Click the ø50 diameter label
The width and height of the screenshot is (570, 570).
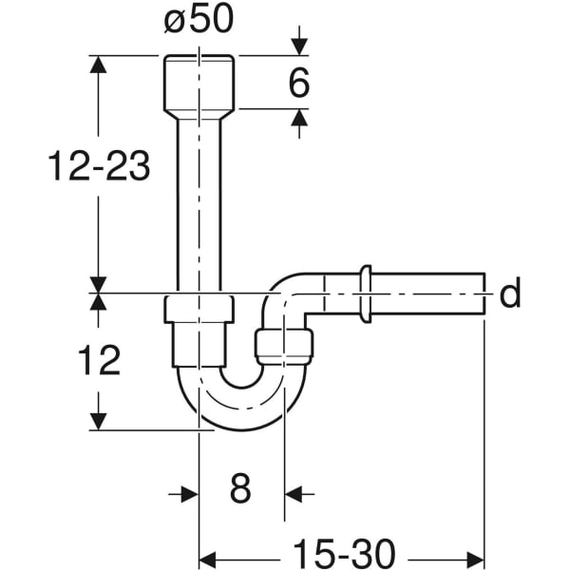pyautogui.click(x=199, y=20)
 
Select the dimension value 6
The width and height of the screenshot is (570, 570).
pyautogui.click(x=297, y=83)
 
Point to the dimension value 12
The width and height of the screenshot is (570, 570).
pyautogui.click(x=99, y=361)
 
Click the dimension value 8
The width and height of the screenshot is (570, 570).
pyautogui.click(x=241, y=491)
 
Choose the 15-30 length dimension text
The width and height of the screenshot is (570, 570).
pyautogui.click(x=343, y=553)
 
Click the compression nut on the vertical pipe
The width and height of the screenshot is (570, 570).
pyautogui.click(x=199, y=311)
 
